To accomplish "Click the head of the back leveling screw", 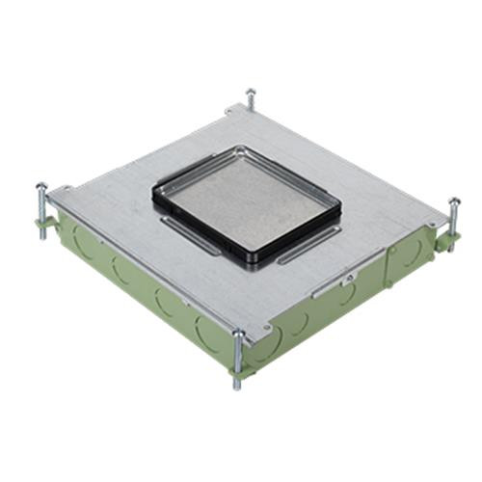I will tap(251, 93).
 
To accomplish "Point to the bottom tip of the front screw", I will tap(236, 387).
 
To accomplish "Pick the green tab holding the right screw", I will tap(445, 239).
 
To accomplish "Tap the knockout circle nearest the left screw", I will tap(77, 241).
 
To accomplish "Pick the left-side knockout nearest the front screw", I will tap(206, 334).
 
